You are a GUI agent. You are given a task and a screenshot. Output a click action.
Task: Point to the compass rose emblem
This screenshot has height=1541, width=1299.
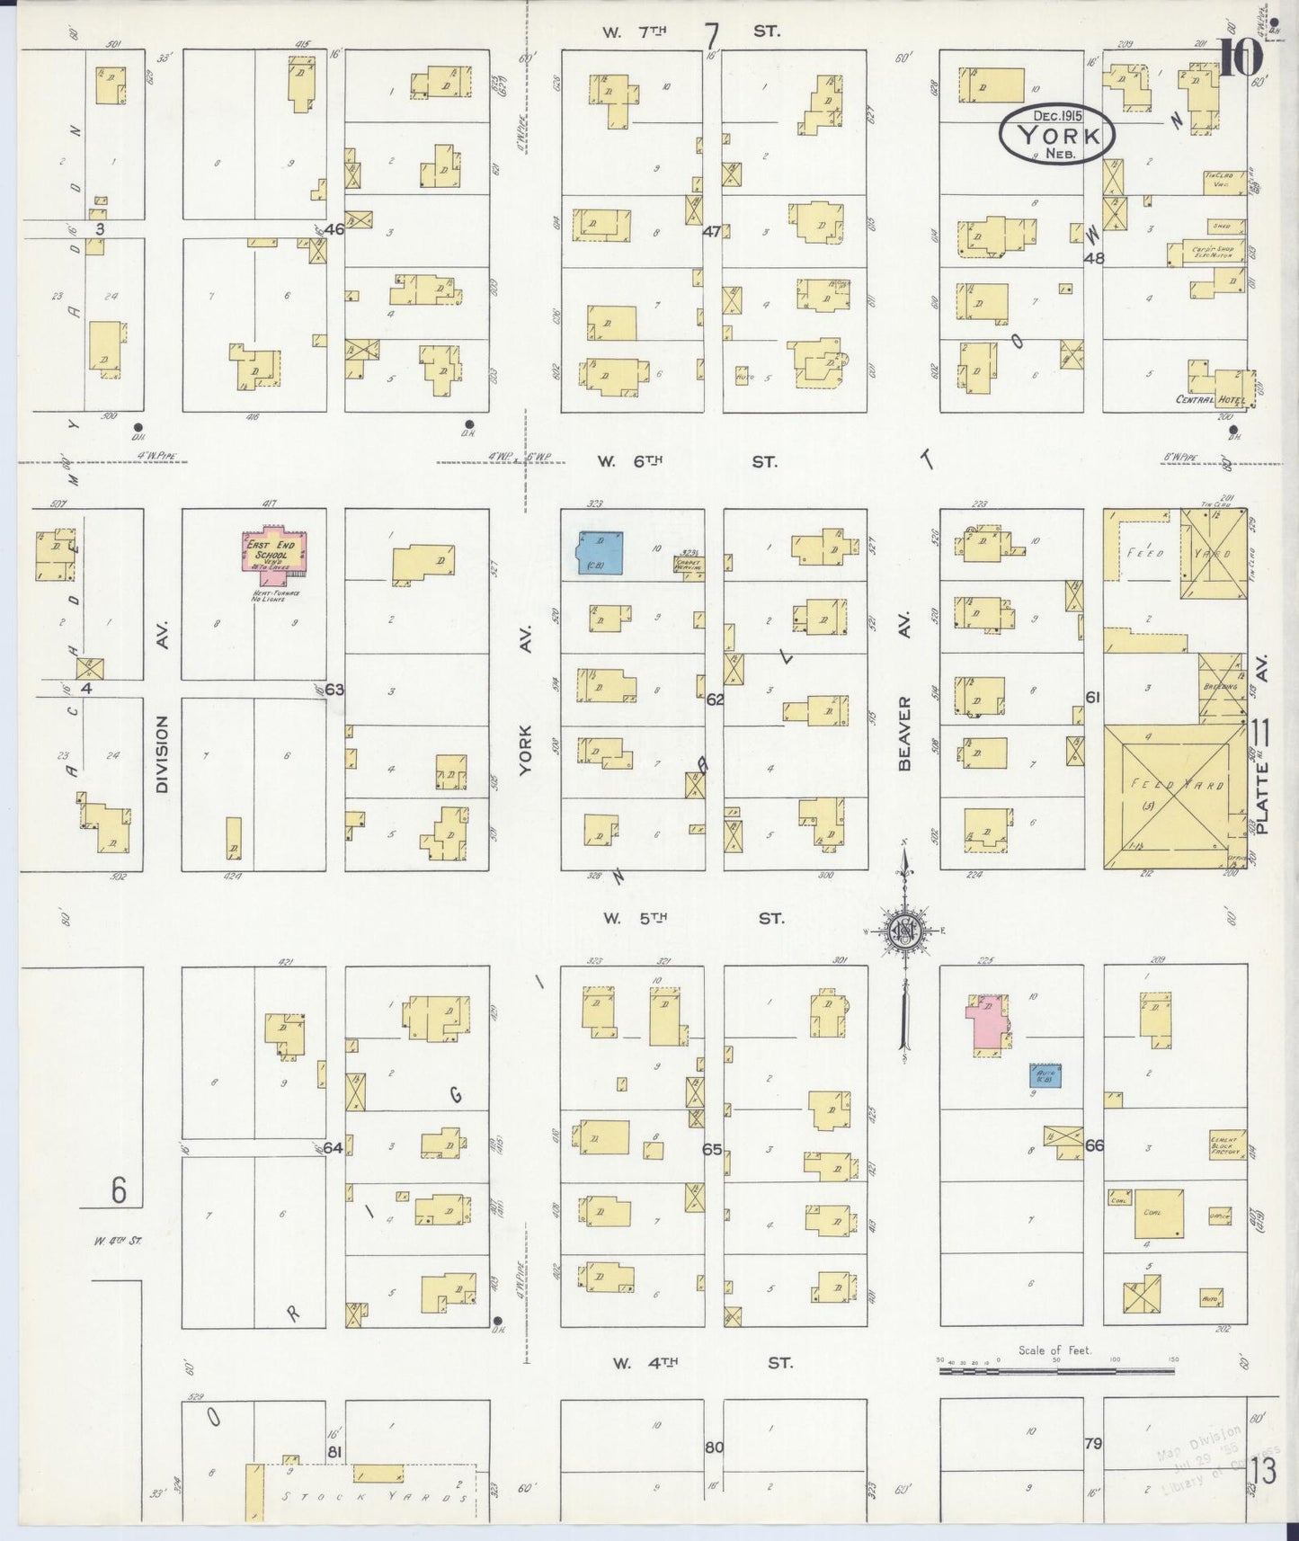point(902,934)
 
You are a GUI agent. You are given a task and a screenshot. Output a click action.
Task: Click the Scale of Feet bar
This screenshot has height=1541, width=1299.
point(1057,1371)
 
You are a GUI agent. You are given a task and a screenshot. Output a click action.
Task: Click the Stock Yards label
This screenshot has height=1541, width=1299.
point(375,1498)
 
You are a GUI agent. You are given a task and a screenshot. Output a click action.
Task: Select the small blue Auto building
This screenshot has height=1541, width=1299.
point(1046,1075)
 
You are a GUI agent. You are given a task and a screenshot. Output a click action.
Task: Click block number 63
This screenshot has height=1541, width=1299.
point(334,690)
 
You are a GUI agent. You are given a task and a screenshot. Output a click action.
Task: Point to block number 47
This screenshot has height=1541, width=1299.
point(711,231)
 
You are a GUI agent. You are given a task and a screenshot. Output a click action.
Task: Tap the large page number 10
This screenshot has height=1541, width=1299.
point(1240,59)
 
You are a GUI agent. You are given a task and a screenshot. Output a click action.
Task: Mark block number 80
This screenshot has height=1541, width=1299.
point(715,1447)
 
